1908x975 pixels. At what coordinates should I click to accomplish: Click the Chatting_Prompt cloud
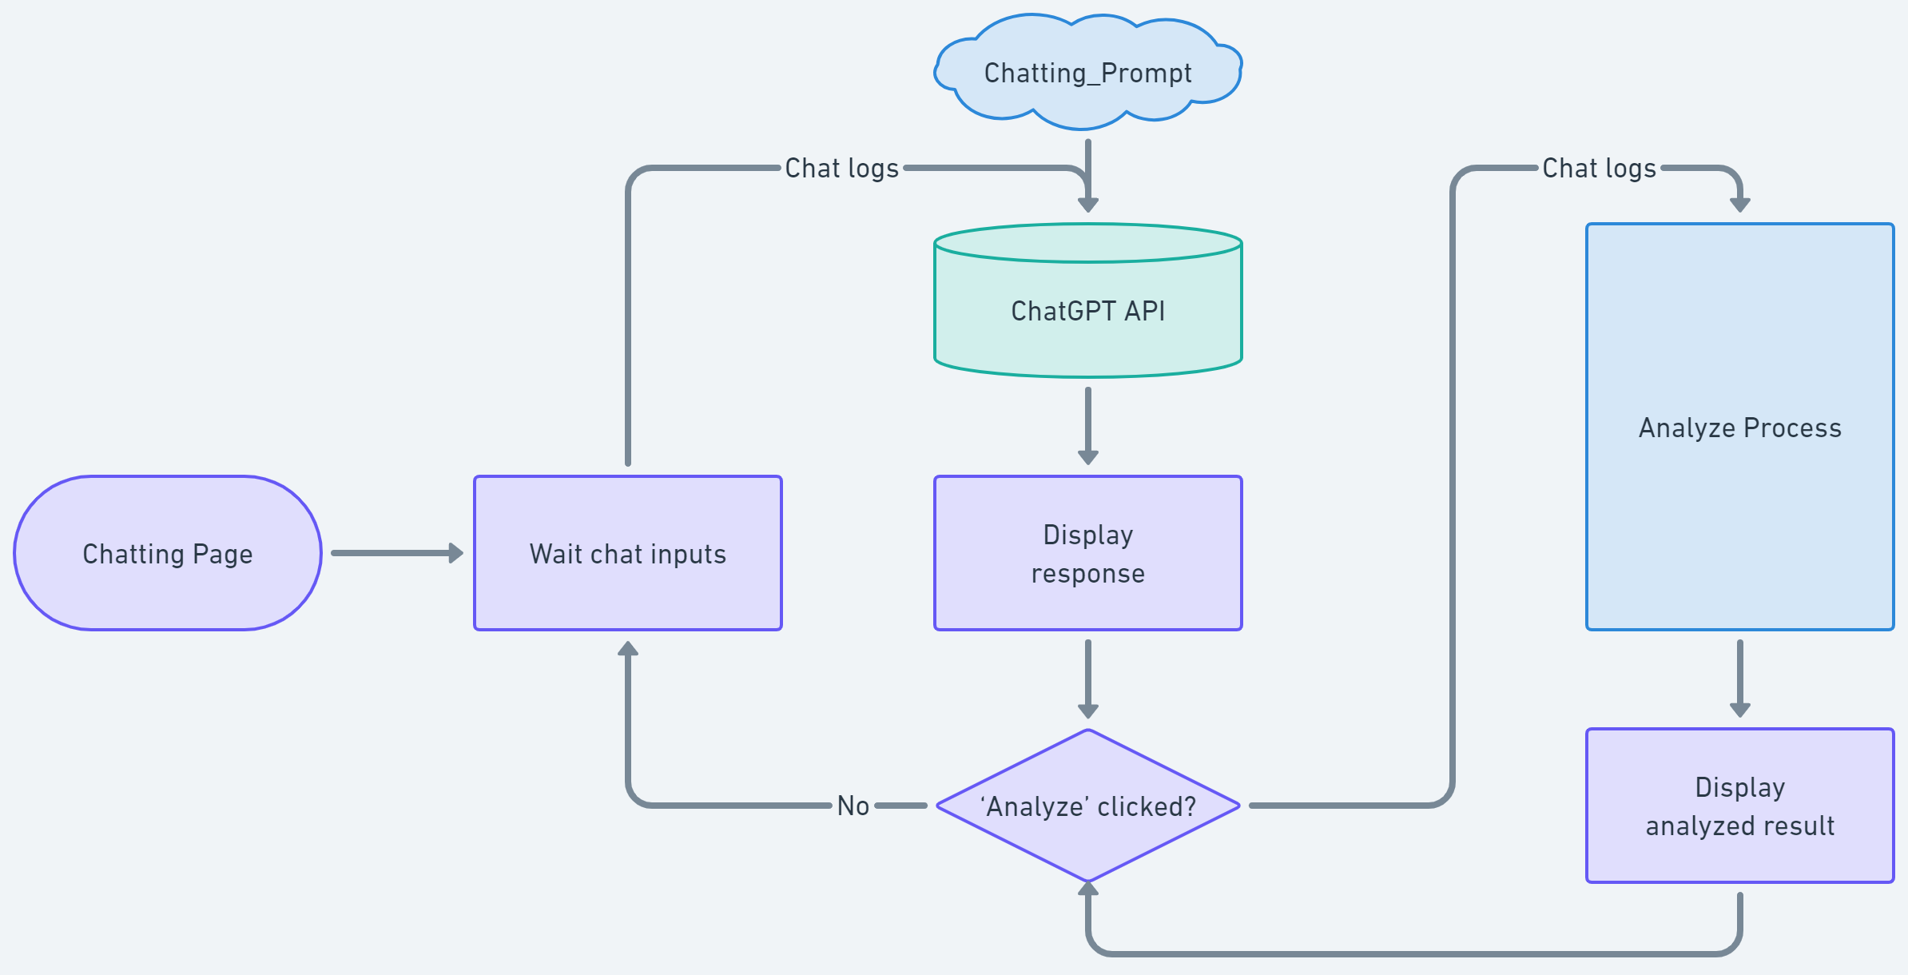click(1087, 72)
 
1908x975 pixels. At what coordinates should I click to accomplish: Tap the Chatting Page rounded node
click(168, 553)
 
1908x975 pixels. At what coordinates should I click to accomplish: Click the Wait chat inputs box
click(628, 553)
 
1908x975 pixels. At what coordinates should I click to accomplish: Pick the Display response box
click(1087, 553)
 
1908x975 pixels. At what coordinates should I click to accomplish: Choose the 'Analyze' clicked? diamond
click(1087, 806)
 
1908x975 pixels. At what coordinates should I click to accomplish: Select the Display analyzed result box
click(1739, 806)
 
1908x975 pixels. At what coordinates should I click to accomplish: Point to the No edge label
click(853, 806)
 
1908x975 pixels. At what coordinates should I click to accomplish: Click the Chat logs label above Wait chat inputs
click(841, 168)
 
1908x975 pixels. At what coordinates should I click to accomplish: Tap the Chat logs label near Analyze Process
click(1599, 168)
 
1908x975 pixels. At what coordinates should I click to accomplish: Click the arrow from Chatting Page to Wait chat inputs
click(396, 553)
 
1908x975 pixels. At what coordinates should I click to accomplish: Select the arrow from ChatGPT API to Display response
click(1087, 424)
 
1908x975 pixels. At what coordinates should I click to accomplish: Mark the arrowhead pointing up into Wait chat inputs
click(628, 648)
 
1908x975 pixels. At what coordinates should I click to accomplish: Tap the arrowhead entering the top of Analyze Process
click(1739, 205)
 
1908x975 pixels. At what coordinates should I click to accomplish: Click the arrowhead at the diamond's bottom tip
click(1087, 888)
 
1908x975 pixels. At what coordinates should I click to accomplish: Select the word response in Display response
click(1087, 573)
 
